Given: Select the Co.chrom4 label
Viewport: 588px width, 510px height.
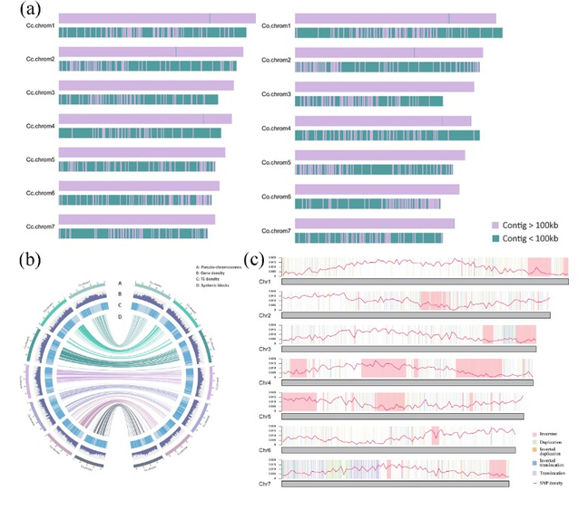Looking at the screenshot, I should tap(276, 129).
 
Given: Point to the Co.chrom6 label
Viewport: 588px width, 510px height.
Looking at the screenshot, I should tap(276, 197).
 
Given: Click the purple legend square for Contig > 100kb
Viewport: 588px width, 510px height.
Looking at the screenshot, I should tap(495, 223).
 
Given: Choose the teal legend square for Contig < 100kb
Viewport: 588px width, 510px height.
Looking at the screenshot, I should tap(495, 237).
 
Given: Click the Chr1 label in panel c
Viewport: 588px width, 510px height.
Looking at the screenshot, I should tap(264, 282).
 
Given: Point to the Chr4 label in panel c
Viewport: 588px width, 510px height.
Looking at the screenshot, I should tap(264, 382).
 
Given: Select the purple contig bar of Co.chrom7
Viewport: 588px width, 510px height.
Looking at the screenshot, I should tap(374, 223).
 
